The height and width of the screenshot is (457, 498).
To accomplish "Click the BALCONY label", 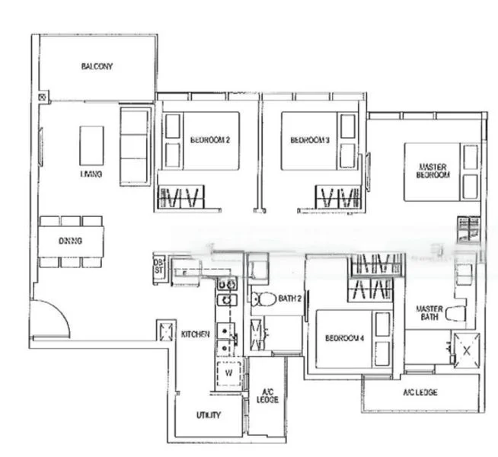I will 97,66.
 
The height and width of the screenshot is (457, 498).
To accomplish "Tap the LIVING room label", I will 91,174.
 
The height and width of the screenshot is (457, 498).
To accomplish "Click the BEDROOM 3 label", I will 310,140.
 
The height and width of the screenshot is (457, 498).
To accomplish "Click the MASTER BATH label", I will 429,313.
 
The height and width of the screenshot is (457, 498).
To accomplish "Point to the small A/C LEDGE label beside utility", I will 267,395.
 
